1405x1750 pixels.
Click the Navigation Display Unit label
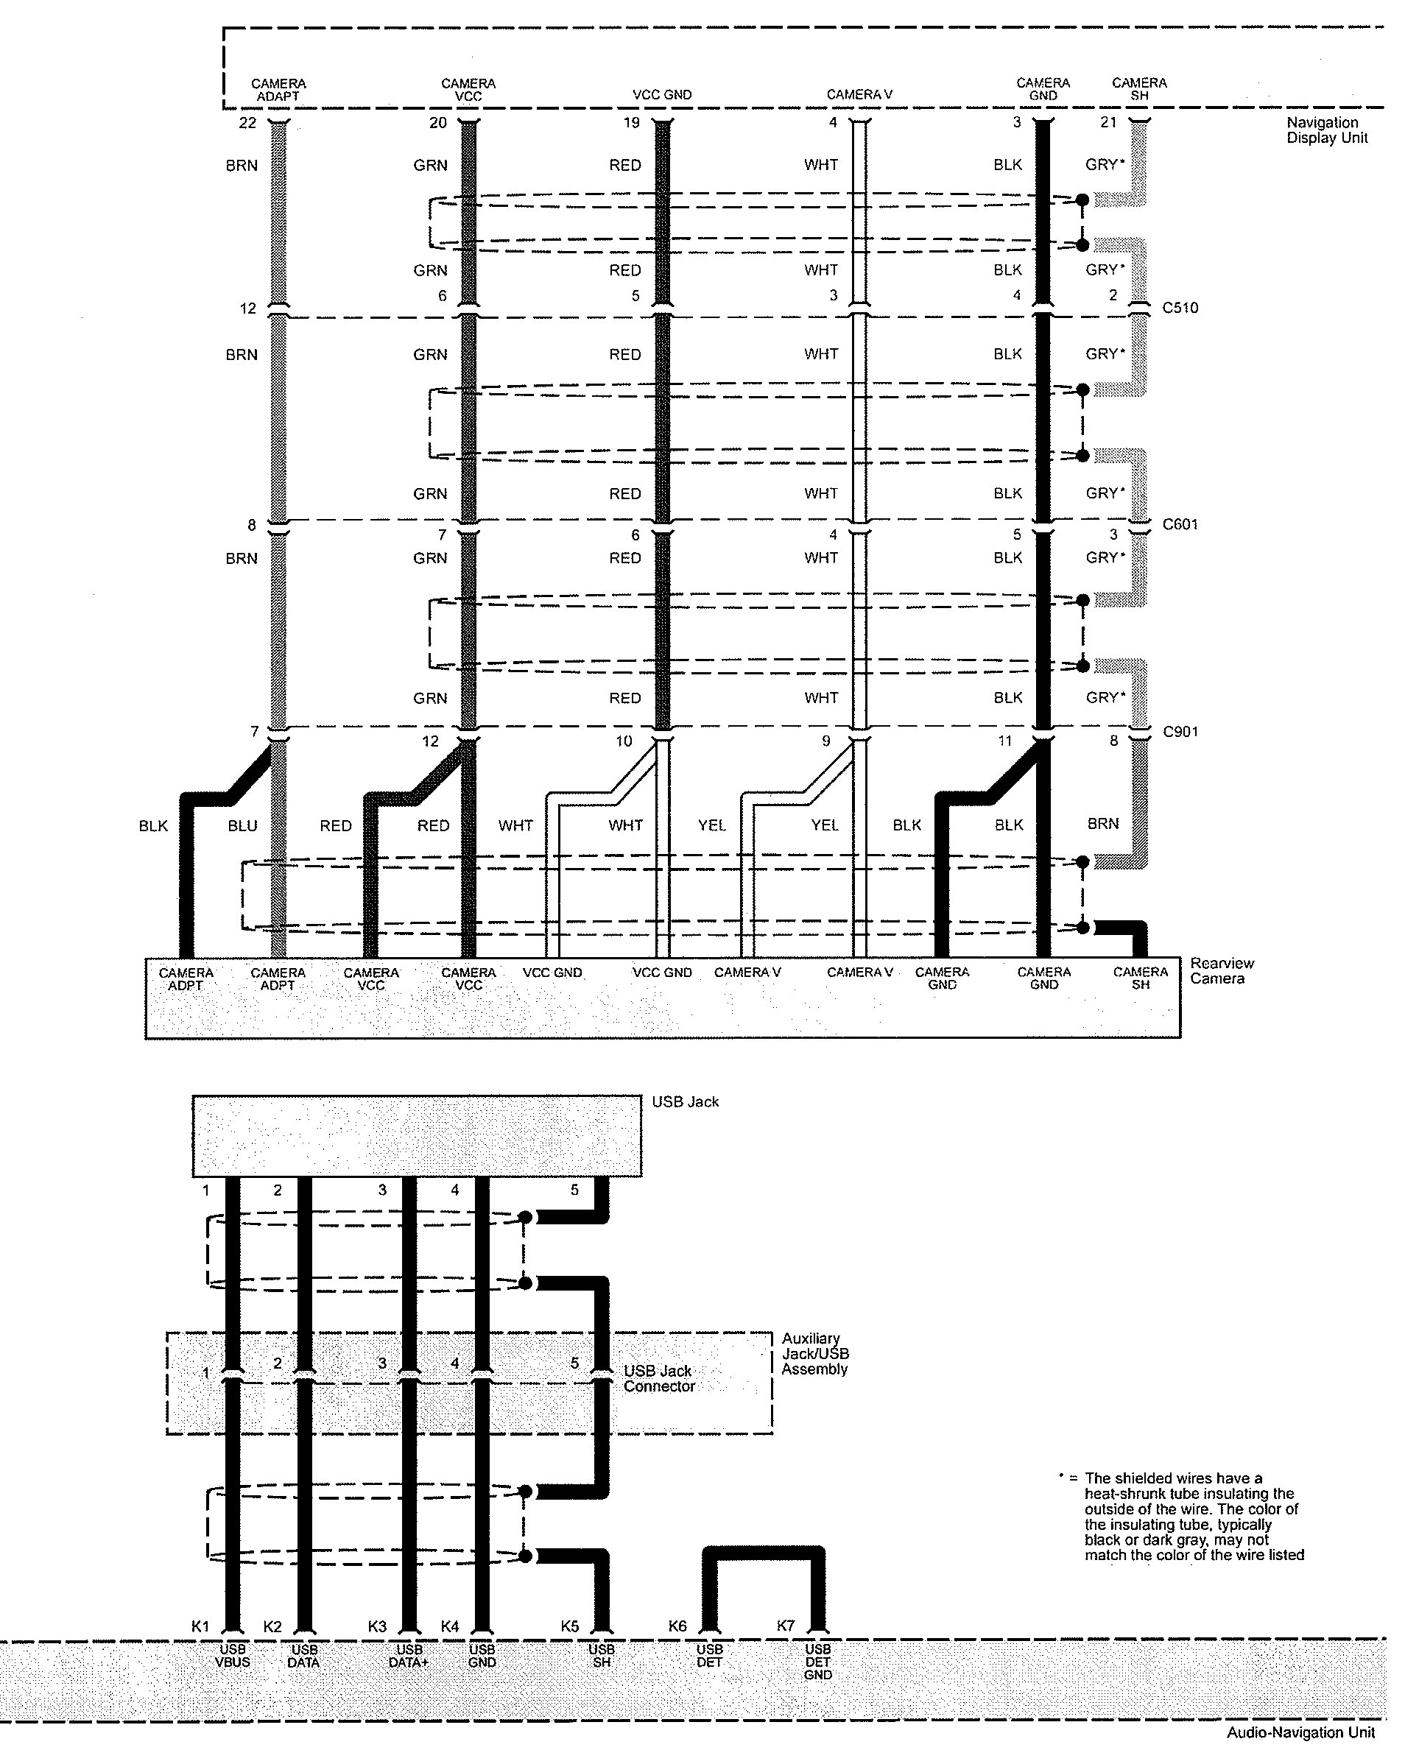[1326, 131]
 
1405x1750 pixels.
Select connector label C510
[1180, 308]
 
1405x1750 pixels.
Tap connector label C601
[1180, 524]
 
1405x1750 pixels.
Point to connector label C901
[1180, 732]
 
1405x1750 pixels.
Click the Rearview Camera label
[1222, 971]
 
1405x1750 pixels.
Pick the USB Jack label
[685, 1102]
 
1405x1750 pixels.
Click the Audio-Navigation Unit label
[1301, 1733]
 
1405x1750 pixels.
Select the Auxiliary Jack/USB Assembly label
[814, 1354]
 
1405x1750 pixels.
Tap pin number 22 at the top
[247, 122]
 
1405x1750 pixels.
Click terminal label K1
[200, 1626]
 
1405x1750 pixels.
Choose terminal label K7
[786, 1626]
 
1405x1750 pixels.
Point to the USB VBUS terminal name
[232, 1656]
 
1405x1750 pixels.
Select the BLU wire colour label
[243, 826]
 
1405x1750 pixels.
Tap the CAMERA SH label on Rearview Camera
[1141, 978]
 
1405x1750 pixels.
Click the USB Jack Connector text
[658, 1378]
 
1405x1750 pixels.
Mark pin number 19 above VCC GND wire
[632, 122]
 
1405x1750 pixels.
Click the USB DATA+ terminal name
[409, 1656]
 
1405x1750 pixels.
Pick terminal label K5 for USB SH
[570, 1626]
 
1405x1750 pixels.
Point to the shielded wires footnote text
[1194, 1516]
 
